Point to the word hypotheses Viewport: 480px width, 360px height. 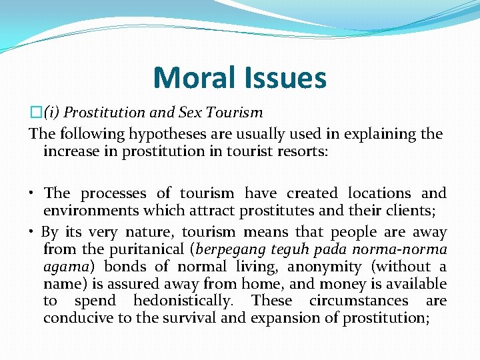click(147, 133)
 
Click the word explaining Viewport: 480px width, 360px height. click(365, 133)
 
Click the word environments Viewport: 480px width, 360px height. click(89, 211)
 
